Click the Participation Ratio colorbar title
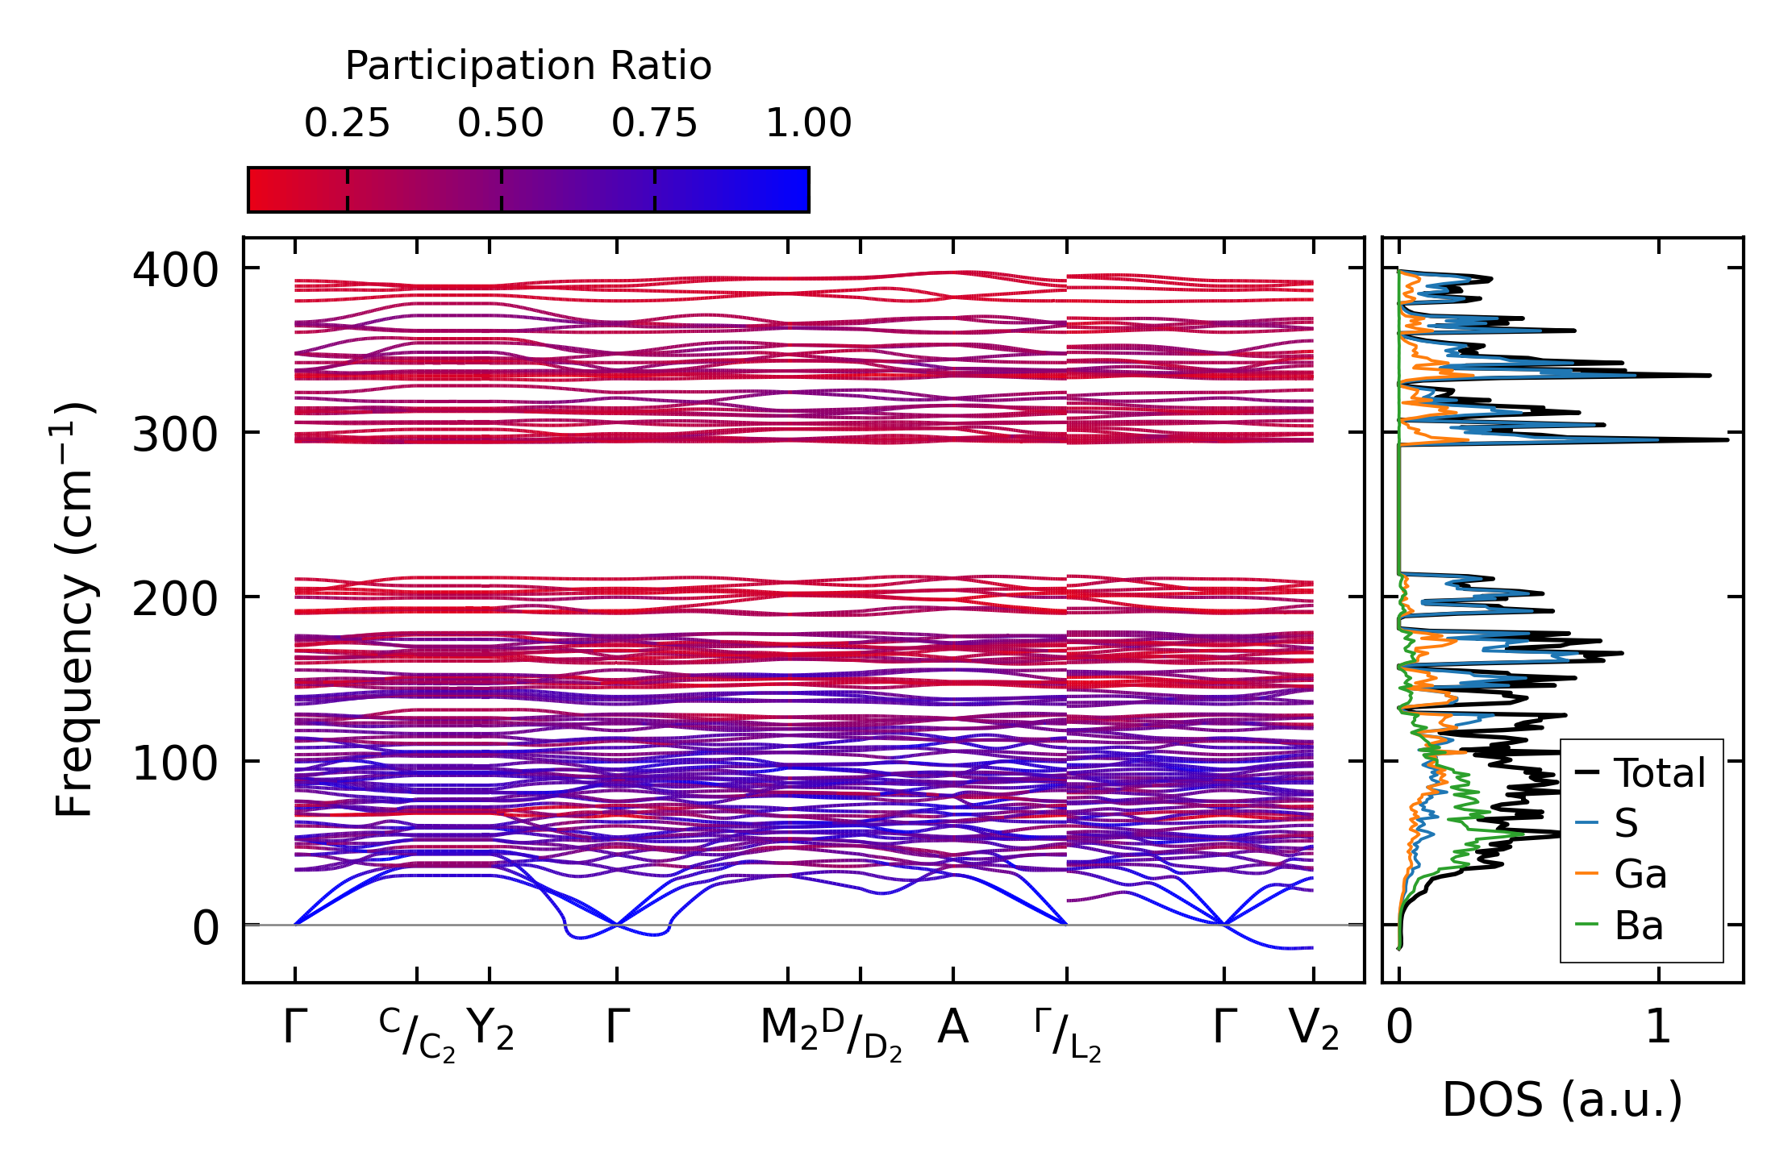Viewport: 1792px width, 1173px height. coord(528,66)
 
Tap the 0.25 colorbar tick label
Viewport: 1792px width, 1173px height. coord(347,124)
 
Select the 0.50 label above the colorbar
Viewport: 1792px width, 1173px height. coord(501,124)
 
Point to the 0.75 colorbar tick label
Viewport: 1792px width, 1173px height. coord(654,124)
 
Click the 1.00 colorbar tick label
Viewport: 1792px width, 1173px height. coord(808,124)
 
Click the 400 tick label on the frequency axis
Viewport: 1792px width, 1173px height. coord(175,271)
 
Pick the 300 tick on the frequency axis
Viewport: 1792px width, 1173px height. coord(175,436)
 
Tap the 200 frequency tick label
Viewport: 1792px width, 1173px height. coord(175,600)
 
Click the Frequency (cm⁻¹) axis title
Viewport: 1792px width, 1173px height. coord(74,609)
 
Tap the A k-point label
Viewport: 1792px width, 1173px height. coord(952,1028)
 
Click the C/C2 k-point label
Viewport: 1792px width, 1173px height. coord(417,1034)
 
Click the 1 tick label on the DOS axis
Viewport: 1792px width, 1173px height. coord(1658,1028)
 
